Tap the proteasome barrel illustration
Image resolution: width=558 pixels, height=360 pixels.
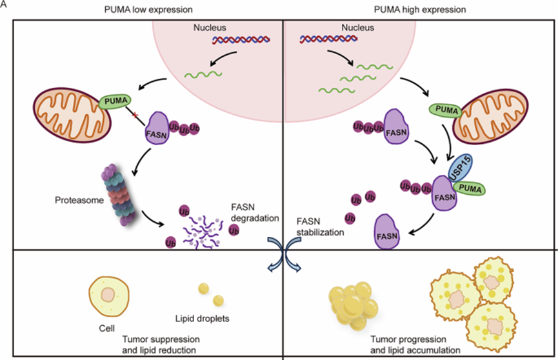click(x=119, y=195)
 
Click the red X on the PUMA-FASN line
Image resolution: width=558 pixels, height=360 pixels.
click(x=135, y=115)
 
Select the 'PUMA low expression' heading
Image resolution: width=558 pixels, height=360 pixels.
click(x=148, y=10)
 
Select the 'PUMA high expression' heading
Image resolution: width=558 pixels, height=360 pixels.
click(x=420, y=10)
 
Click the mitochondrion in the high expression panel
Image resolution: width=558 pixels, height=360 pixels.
click(x=490, y=116)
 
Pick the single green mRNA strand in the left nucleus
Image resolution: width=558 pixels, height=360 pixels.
click(x=203, y=74)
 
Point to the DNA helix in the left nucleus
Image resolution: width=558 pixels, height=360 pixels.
click(x=241, y=40)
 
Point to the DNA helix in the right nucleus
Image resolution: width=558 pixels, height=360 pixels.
click(x=328, y=39)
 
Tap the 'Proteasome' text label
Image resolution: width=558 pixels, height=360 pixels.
click(x=79, y=200)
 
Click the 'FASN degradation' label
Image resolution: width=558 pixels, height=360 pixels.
click(x=254, y=213)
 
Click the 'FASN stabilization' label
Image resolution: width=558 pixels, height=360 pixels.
click(x=320, y=227)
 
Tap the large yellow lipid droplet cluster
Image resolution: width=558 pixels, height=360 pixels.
click(x=353, y=306)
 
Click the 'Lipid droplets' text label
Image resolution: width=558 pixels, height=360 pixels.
click(x=202, y=318)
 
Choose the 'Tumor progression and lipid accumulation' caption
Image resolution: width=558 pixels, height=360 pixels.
click(x=415, y=345)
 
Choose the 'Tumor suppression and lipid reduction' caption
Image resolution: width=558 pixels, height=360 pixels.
click(x=161, y=345)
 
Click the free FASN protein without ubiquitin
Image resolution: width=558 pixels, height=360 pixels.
click(x=386, y=232)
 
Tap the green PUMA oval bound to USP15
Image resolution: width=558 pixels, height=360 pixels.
click(x=470, y=188)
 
